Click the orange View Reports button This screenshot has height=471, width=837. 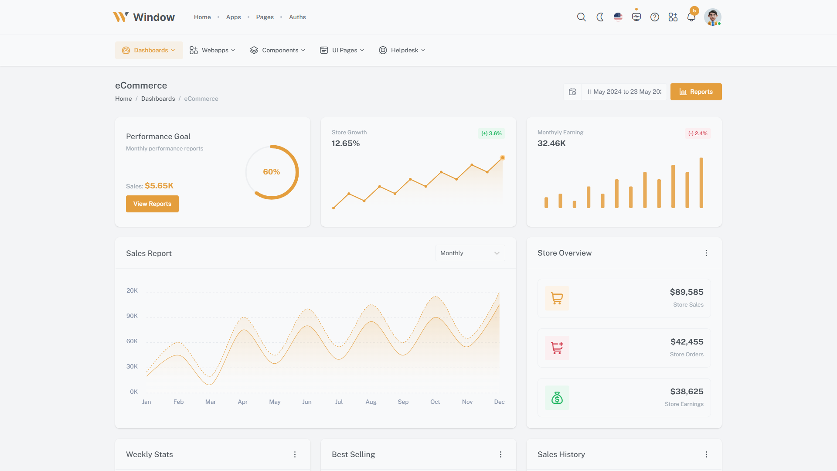click(152, 204)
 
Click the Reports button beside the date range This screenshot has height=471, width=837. click(696, 92)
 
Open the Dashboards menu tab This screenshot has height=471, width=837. click(149, 50)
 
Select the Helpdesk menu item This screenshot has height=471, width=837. click(402, 50)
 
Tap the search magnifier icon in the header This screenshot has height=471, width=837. click(581, 17)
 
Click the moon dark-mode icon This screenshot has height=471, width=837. click(600, 17)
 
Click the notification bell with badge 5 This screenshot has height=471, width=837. click(691, 17)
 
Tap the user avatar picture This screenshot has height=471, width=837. click(712, 17)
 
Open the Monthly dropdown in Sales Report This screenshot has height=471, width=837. click(470, 253)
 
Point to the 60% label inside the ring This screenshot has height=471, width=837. click(271, 172)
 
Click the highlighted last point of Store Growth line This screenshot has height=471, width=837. click(503, 157)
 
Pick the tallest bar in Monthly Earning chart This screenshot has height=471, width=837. click(701, 183)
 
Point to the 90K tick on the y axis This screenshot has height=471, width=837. click(132, 316)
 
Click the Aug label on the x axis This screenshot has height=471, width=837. click(371, 402)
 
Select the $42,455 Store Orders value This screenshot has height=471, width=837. click(687, 342)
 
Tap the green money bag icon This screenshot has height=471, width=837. click(557, 398)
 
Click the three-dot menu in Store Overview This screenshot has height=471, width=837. click(706, 253)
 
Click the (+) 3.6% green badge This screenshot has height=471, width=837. click(491, 133)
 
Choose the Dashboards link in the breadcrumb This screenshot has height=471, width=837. click(158, 99)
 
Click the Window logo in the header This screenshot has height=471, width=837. click(143, 17)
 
